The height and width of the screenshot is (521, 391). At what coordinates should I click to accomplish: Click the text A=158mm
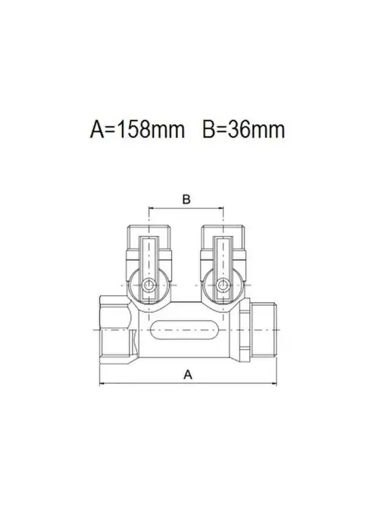[137, 129]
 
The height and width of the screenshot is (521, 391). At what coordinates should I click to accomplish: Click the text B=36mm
[244, 129]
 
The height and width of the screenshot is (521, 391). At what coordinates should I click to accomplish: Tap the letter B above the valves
[186, 199]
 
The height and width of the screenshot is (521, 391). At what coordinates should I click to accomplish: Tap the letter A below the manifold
[188, 374]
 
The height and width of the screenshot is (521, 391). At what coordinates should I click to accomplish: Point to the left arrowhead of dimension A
[102, 384]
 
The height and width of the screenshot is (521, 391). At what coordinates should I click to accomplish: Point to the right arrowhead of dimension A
[274, 384]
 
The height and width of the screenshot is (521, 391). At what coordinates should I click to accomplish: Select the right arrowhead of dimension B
[221, 208]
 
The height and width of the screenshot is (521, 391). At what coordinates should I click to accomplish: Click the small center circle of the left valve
[149, 285]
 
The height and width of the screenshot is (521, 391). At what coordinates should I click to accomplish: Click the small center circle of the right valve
[223, 285]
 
